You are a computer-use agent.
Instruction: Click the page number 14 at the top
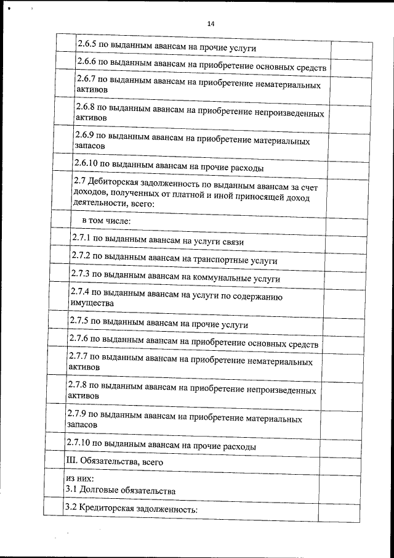(211, 24)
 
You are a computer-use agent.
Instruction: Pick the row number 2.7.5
(79, 322)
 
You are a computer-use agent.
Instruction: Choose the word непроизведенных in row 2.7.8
(281, 390)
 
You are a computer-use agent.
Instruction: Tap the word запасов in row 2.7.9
(82, 425)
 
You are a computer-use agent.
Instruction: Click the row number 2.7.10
(79, 444)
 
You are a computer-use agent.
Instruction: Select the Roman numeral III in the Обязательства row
(71, 461)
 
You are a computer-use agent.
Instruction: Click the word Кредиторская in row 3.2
(107, 509)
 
